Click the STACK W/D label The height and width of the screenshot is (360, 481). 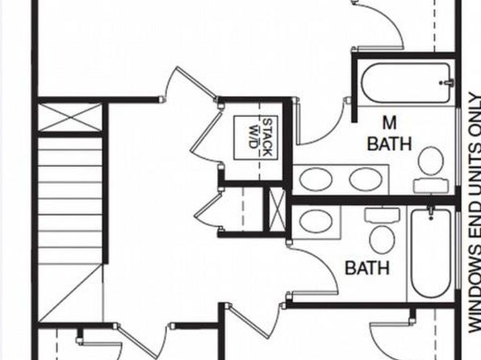click(x=260, y=137)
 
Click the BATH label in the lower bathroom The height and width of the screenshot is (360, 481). click(x=367, y=268)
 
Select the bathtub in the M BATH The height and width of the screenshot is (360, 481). click(x=406, y=83)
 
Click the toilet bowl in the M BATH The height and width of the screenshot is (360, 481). click(x=431, y=161)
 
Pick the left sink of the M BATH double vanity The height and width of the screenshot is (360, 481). click(x=316, y=179)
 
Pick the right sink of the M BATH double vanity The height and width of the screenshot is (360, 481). click(x=366, y=179)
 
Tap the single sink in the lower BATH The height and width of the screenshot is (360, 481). click(x=316, y=222)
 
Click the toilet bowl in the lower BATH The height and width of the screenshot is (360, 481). click(x=382, y=240)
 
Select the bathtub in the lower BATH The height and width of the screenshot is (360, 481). click(x=431, y=253)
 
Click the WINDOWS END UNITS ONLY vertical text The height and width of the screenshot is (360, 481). click(x=475, y=213)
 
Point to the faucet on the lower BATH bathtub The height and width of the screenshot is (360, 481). click(x=431, y=212)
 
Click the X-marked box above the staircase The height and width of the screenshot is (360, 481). click(x=70, y=117)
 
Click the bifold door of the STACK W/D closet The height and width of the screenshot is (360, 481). click(x=206, y=135)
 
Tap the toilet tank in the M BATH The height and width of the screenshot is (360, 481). click(x=431, y=186)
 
